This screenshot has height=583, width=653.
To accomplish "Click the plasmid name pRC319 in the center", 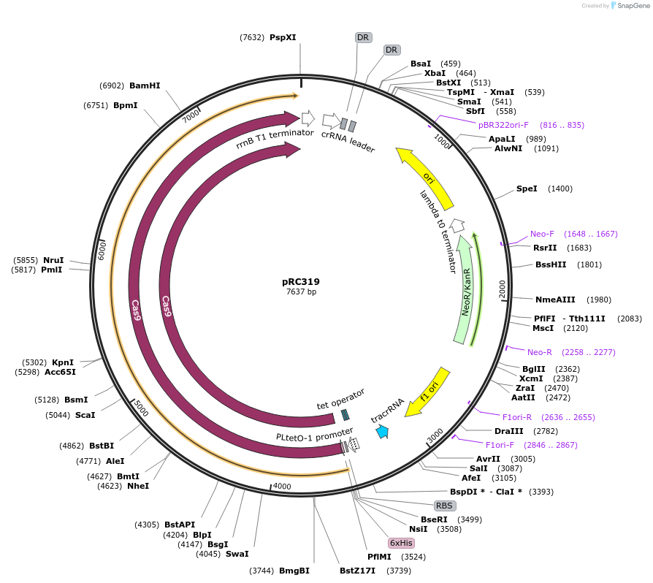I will pos(301,281).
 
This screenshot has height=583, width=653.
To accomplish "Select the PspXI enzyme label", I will pos(283,37).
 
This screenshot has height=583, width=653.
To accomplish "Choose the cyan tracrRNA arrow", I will pos(381,432).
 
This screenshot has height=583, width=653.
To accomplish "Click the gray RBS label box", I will pos(444,506).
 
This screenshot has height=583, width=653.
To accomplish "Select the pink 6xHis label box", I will pos(401,543).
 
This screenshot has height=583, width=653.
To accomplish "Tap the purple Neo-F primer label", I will pos(542,234).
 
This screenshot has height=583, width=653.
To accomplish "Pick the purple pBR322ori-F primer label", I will pos(503,125).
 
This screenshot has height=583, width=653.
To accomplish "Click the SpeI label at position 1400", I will pos(527,188).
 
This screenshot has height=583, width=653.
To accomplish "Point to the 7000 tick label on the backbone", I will pos(191,115).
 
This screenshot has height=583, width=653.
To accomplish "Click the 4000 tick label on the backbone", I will pos(281,487).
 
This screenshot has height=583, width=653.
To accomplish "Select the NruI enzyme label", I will pos(53,260).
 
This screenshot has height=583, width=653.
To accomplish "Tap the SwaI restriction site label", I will pos(237,554).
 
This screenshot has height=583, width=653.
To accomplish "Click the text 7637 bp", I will pos(301,292).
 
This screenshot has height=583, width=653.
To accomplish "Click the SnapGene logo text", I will pos(633,6).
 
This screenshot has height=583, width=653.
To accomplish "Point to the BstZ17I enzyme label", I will pos(357,571).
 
